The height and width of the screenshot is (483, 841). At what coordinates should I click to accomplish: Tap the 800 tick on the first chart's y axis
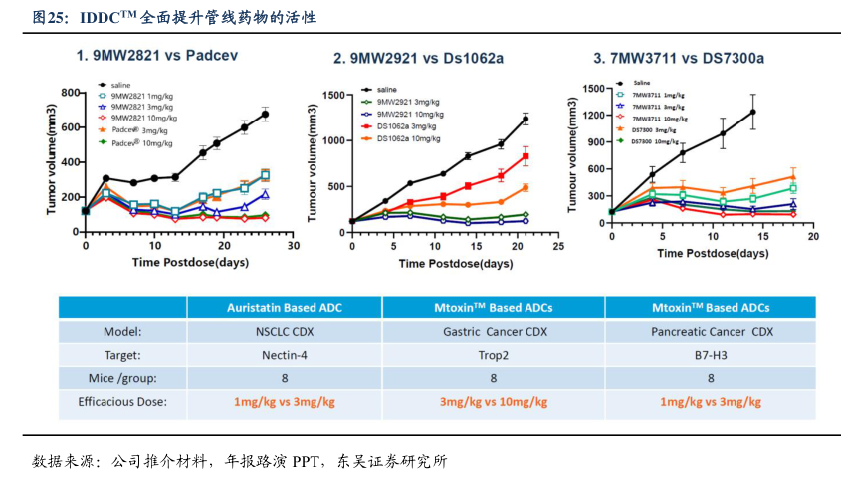coord(70,93)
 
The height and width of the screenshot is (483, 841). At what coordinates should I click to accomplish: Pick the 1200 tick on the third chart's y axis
coord(592,115)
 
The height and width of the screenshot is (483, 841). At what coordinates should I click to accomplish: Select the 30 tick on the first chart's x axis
coord(293,245)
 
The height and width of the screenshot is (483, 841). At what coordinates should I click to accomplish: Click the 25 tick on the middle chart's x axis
coord(557,245)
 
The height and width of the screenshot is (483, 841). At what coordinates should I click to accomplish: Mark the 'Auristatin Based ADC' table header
coord(284,307)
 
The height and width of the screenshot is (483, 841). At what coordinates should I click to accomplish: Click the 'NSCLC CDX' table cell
coord(284,331)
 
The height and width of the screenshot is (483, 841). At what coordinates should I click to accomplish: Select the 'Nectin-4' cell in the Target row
coord(284,355)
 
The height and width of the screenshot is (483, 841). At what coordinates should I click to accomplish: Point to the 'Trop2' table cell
coord(494,355)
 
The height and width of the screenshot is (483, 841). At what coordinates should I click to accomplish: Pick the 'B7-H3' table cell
coord(711,355)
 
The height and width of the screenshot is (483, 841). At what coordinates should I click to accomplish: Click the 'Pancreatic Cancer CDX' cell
coord(711,331)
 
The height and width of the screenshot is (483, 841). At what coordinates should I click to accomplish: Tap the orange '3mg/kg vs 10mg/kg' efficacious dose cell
coord(494,402)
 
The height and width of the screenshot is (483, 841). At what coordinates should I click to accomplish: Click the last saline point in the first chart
coord(265,114)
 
